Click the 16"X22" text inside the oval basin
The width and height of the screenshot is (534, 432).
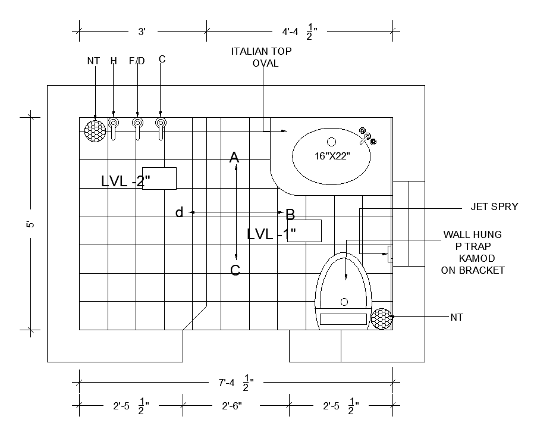[x=332, y=156]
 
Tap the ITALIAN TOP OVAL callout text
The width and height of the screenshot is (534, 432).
[x=262, y=57]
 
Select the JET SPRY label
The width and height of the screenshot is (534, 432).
[x=494, y=207]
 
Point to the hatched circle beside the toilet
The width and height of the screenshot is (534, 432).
[x=381, y=318]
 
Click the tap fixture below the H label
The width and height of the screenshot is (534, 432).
[x=114, y=127]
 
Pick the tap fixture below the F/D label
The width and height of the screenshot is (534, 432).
[x=137, y=127]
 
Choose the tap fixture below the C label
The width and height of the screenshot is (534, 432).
[x=161, y=127]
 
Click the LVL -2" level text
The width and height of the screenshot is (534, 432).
[x=125, y=181]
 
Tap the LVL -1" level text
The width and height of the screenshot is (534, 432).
[x=272, y=234]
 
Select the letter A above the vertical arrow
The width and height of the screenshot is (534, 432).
[x=234, y=158]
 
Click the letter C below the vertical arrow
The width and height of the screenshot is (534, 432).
[x=235, y=271]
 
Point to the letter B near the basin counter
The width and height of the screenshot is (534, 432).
[x=290, y=214]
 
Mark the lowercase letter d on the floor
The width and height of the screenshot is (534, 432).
[x=179, y=212]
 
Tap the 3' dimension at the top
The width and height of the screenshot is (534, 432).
[x=142, y=32]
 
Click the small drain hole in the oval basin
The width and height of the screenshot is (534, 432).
[x=332, y=142]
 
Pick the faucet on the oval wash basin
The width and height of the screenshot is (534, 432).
[x=367, y=138]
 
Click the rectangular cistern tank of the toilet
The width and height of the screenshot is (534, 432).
[x=344, y=318]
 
